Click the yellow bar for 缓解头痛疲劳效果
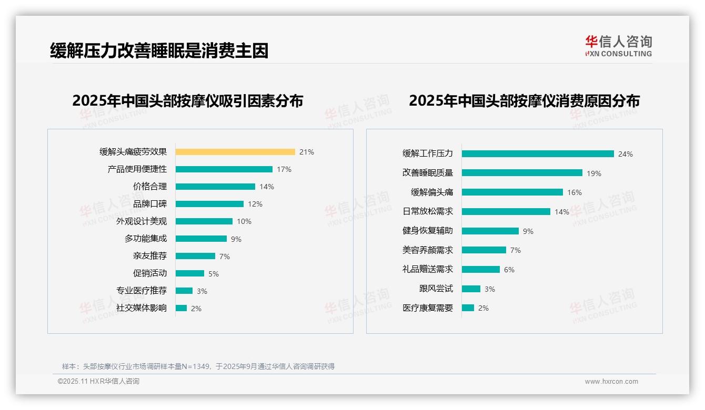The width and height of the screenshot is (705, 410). click(x=235, y=152)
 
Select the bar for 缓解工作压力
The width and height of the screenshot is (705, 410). click(x=538, y=154)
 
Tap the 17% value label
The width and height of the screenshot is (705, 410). click(x=284, y=169)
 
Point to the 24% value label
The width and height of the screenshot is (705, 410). click(x=626, y=154)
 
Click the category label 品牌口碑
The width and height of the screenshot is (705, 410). click(x=150, y=204)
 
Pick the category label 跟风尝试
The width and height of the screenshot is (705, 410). click(x=436, y=289)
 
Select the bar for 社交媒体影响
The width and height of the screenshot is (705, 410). click(x=181, y=308)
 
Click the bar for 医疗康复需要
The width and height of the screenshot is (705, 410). click(x=468, y=308)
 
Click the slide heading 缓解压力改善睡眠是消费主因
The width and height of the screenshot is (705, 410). click(x=159, y=50)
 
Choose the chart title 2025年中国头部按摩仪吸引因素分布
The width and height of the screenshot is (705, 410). click(x=188, y=100)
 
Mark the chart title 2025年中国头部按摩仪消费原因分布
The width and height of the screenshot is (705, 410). click(x=524, y=100)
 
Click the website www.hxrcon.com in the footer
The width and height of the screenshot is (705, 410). click(x=611, y=382)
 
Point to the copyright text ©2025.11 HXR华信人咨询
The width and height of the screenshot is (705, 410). click(x=98, y=382)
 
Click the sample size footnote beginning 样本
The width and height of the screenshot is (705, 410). click(x=198, y=366)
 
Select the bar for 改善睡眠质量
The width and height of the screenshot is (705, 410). click(x=522, y=173)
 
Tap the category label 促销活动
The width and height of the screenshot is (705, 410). click(x=150, y=273)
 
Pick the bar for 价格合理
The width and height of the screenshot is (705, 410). click(x=215, y=187)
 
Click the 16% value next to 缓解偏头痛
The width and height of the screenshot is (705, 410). click(x=575, y=192)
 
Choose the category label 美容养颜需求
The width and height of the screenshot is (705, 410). click(x=428, y=250)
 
